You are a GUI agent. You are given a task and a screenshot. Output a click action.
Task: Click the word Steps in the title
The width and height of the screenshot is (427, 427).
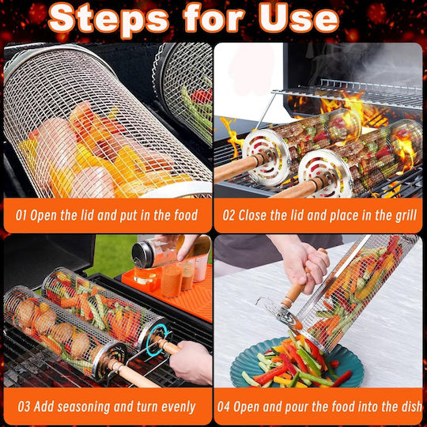[x=108, y=19]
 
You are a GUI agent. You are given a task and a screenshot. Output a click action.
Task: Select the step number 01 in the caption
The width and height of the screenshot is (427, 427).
[x=21, y=215]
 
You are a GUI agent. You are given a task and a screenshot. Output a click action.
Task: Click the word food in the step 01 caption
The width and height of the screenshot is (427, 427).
[x=186, y=215]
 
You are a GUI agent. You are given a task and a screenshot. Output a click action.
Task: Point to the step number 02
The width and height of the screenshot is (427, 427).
[x=229, y=215]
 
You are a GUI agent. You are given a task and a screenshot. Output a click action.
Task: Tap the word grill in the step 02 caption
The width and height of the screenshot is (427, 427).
[x=405, y=215]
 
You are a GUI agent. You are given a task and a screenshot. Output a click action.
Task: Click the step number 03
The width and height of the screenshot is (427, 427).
[x=24, y=406]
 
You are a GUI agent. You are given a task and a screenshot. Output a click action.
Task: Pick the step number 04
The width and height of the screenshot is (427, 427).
[x=224, y=406]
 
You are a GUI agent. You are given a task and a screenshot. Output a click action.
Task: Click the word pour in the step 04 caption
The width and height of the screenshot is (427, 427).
[x=297, y=407]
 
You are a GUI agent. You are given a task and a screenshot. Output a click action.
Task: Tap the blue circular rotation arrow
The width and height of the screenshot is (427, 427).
[x=157, y=340]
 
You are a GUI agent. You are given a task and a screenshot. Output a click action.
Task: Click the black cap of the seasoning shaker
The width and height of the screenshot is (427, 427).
[x=142, y=255]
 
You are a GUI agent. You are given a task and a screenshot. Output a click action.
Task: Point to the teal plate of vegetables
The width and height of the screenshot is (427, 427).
[x=297, y=364]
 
